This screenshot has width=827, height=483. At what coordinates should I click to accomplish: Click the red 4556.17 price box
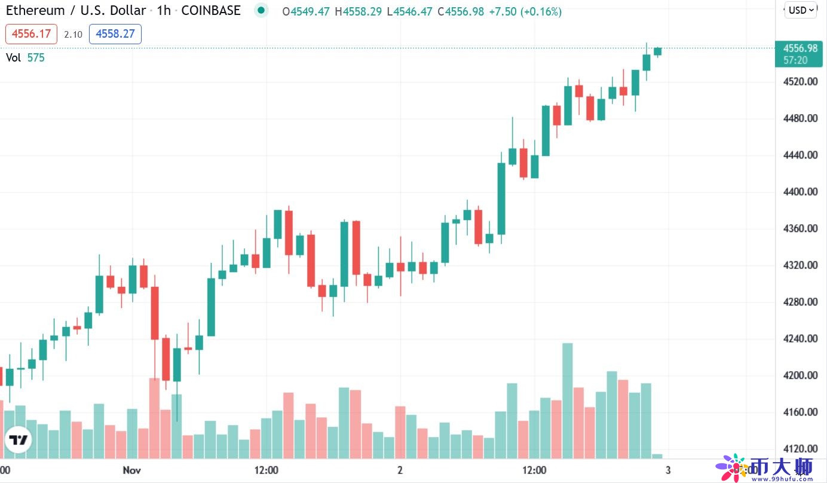point(31,34)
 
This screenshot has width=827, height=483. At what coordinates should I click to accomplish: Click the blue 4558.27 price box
point(115,34)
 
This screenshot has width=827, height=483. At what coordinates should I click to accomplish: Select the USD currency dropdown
point(801,10)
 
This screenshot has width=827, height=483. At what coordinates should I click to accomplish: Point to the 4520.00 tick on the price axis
point(800,81)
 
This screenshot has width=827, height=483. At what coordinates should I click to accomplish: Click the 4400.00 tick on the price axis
point(800,192)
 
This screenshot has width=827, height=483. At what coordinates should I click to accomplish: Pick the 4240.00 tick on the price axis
point(800,338)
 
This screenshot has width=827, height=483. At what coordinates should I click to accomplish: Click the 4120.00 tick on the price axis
point(800,449)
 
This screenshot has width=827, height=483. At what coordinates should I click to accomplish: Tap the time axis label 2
point(399,470)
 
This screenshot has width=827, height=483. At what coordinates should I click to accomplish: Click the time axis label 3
point(667,470)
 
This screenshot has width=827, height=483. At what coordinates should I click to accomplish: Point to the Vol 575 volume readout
point(25,57)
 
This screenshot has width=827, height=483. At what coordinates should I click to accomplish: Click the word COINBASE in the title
point(211,11)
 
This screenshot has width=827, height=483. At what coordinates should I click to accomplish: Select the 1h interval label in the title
point(163,11)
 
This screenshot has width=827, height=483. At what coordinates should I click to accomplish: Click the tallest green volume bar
point(568,401)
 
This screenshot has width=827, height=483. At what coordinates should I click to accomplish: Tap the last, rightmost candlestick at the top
point(658,51)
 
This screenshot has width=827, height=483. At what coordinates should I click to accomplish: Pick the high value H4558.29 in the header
point(358,11)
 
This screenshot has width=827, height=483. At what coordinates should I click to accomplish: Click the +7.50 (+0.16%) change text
point(525,11)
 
